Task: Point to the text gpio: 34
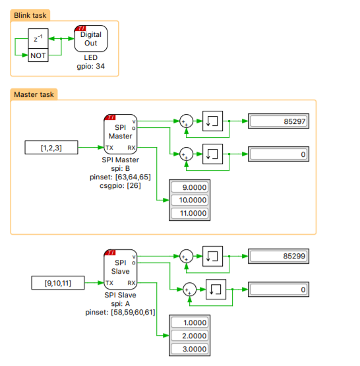click(x=90, y=66)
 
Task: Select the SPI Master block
click(x=121, y=133)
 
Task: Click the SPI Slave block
click(x=121, y=268)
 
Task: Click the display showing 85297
click(x=279, y=121)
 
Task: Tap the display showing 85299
click(x=279, y=256)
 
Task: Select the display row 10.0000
click(x=189, y=200)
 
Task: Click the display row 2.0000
click(x=189, y=336)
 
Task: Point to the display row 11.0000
click(x=189, y=213)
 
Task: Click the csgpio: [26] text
click(x=121, y=186)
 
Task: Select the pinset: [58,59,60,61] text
click(x=121, y=312)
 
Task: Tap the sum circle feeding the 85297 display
click(x=186, y=121)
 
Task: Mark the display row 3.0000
click(x=189, y=349)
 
